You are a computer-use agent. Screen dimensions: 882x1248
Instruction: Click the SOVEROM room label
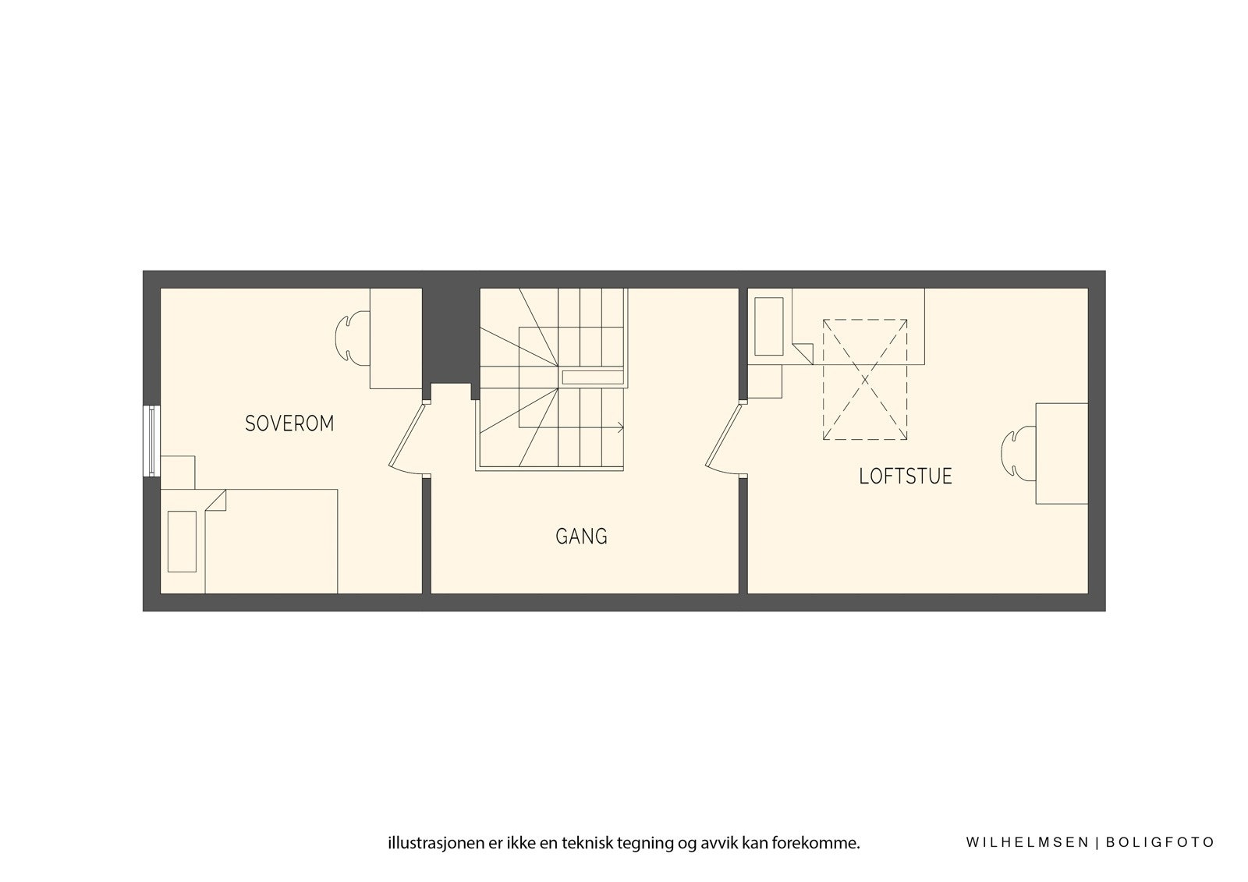coord(289,423)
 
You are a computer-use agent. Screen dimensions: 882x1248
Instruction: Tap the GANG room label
coord(581,537)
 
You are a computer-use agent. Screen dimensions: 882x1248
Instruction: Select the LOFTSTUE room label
coord(906,476)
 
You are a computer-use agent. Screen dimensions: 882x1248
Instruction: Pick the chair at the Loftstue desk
coord(1017,453)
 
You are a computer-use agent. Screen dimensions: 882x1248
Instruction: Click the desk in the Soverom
coord(395,338)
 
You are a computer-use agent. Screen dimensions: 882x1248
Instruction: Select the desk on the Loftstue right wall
coord(1062,453)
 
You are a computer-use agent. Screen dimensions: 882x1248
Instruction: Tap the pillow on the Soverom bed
coord(182,541)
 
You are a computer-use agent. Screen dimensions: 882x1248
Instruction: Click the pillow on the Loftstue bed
coord(768,326)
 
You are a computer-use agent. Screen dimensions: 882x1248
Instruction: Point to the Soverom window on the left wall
coord(151,441)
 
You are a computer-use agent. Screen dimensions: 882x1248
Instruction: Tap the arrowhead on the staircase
coord(620,427)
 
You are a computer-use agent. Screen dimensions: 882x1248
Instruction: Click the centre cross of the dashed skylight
coord(865,380)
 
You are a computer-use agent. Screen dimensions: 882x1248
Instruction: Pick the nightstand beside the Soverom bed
coord(177,472)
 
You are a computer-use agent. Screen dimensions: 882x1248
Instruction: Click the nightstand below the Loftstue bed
coord(765,381)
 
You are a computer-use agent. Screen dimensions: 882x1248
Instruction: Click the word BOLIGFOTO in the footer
coord(1161,842)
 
